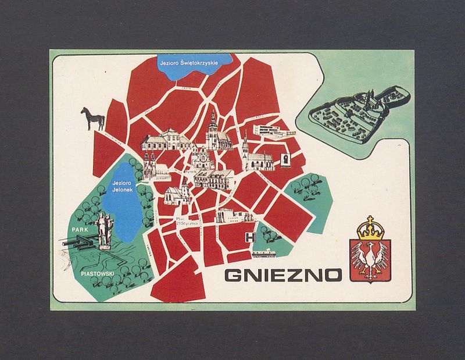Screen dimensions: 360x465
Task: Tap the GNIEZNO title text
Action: pos(272,272)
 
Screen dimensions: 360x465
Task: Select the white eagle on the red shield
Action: pos(370,259)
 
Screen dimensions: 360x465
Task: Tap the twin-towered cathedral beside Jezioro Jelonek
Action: pos(148,165)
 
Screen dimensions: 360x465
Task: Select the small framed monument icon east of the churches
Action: pos(286,160)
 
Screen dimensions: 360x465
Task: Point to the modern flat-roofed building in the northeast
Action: pos(269,130)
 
